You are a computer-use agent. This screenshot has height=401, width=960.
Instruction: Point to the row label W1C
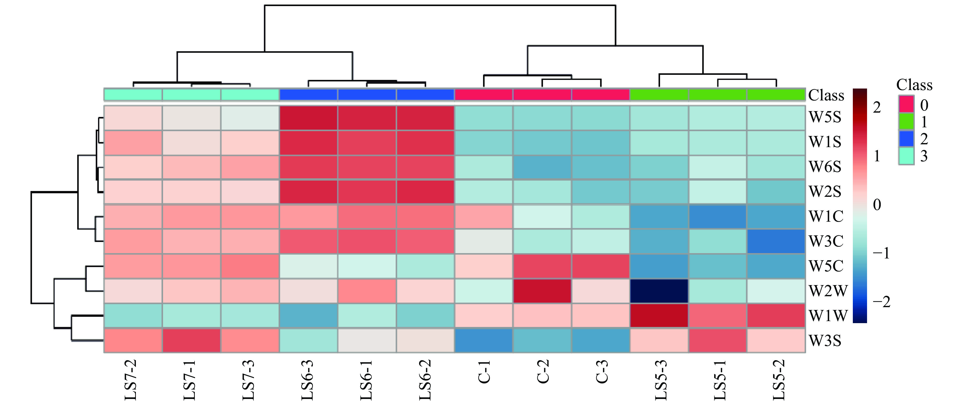826,216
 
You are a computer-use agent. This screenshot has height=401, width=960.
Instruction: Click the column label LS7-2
131,380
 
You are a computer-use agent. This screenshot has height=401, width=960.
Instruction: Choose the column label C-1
484,372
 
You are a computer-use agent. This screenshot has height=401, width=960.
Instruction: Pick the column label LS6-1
366,380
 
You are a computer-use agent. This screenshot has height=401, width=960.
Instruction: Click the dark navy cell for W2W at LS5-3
659,291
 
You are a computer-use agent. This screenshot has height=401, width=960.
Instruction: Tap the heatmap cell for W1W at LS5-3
659,316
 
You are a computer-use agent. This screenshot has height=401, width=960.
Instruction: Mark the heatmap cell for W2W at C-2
542,291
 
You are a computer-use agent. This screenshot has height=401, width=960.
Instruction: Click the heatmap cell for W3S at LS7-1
191,341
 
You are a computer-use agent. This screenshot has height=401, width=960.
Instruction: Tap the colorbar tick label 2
877,107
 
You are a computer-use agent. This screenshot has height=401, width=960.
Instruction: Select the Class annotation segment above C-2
542,95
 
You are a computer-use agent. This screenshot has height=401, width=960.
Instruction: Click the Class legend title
914,85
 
